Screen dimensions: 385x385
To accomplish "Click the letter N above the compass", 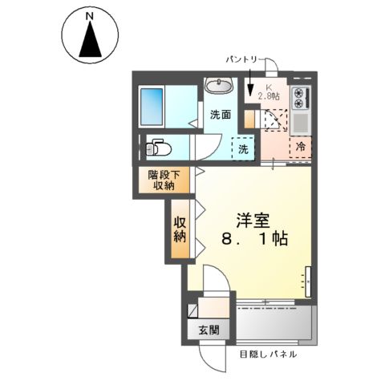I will [x=91, y=15].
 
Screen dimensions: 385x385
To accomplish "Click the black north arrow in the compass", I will [x=91, y=41].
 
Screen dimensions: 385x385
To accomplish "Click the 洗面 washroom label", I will [x=221, y=115].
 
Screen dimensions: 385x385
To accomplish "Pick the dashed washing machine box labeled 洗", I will [x=243, y=149].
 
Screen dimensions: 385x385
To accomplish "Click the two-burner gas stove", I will [x=302, y=97].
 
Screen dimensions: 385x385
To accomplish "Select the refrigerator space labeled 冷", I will [x=301, y=148].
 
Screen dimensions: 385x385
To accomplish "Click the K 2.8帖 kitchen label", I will [x=268, y=92].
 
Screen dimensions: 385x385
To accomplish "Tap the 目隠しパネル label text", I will [x=268, y=354].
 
